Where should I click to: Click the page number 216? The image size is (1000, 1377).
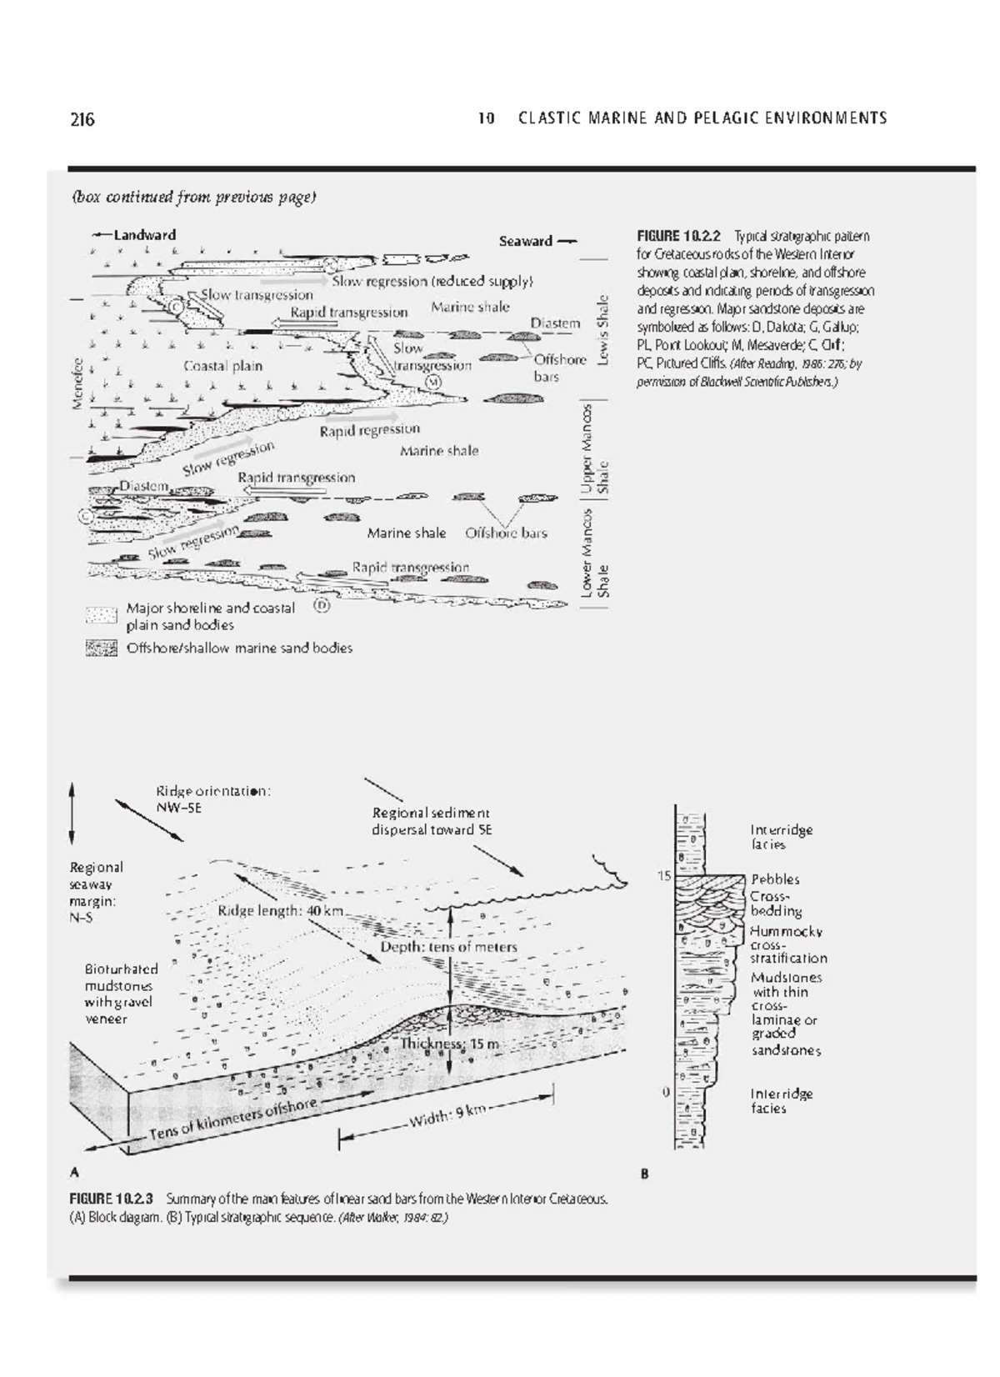click(82, 119)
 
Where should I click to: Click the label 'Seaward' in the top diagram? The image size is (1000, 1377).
click(525, 241)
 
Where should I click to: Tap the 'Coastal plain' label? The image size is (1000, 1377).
click(222, 366)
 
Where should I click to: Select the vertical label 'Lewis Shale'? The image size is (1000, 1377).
click(602, 329)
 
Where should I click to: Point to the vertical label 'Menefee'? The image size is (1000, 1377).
click(77, 383)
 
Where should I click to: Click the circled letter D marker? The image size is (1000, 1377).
click(322, 605)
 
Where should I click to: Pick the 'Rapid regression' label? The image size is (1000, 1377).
click(369, 430)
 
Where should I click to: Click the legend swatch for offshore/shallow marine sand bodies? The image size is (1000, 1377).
click(102, 648)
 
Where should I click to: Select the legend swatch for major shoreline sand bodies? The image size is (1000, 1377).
click(102, 616)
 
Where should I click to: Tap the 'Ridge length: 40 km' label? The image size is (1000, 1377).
click(280, 911)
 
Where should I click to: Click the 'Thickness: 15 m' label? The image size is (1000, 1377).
click(450, 1044)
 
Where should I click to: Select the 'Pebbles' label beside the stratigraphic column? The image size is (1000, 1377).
click(774, 879)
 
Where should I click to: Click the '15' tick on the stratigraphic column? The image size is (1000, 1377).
click(663, 876)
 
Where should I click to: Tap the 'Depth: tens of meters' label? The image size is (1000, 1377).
click(448, 947)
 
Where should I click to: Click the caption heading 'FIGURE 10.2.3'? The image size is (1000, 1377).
click(112, 1199)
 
